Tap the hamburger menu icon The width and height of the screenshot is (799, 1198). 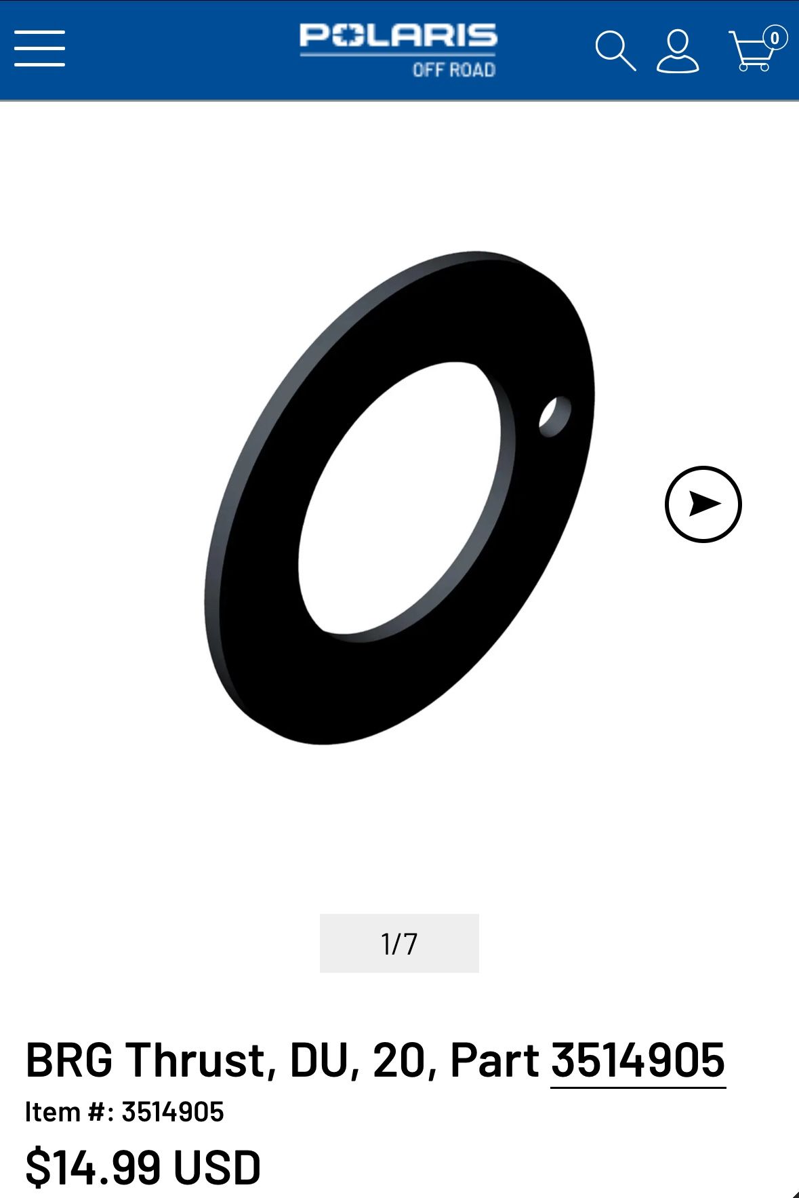[39, 48]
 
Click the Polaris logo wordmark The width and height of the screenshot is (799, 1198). [398, 36]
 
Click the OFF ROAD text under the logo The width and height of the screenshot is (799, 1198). [453, 70]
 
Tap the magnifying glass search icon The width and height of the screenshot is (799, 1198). [615, 50]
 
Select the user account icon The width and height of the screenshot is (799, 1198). [677, 51]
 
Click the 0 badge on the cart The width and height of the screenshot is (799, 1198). [775, 38]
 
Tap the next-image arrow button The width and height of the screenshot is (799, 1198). [703, 504]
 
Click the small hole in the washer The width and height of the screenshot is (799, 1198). [554, 416]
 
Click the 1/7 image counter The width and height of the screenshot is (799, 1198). [399, 943]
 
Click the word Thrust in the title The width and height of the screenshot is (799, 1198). [201, 1060]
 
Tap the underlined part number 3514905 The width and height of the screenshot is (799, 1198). [638, 1060]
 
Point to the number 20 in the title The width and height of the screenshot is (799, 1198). [401, 1060]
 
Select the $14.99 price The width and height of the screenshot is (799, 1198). [93, 1167]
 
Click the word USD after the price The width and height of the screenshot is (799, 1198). [217, 1167]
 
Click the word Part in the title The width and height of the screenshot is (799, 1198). [494, 1060]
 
